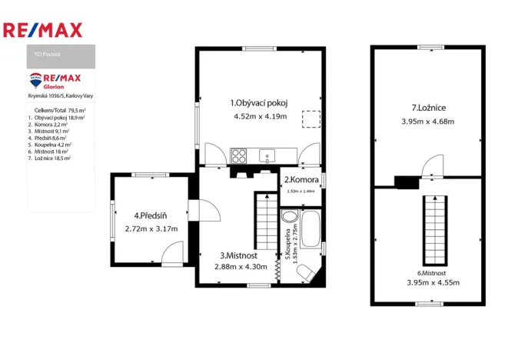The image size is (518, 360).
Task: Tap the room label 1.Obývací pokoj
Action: (x=260, y=102)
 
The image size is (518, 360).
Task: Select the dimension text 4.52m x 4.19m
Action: (x=260, y=116)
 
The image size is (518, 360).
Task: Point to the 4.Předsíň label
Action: (x=151, y=215)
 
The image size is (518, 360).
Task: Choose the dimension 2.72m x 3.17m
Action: (x=151, y=228)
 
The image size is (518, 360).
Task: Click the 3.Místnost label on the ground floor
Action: (x=238, y=255)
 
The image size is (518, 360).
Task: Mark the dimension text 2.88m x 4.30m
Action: (x=241, y=267)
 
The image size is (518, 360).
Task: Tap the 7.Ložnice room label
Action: (x=428, y=108)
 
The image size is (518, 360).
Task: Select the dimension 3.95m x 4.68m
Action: (x=428, y=122)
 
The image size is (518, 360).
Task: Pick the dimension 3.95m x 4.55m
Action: (x=428, y=282)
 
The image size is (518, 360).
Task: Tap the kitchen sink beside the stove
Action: (x=268, y=156)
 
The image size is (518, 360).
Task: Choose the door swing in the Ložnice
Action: (x=433, y=165)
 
